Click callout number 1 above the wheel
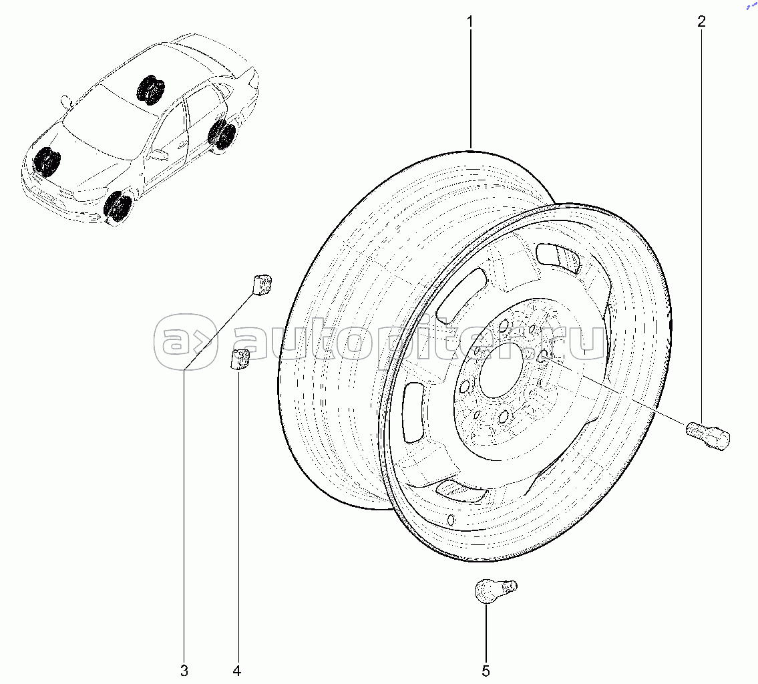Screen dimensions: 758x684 [x=469, y=21]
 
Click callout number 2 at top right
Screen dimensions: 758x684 [x=701, y=21]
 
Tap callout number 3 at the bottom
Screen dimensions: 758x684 [x=184, y=671]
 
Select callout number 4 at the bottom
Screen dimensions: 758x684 [x=237, y=671]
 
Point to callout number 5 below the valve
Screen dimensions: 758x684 [x=486, y=671]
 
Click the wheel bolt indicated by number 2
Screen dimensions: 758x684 [x=708, y=434]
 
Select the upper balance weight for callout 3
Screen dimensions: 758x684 [x=262, y=285]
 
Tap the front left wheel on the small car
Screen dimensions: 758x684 [x=118, y=207]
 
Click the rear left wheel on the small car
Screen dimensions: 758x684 [x=223, y=135]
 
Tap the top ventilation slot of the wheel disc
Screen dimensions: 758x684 [x=559, y=260]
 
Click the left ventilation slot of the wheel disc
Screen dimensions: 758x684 [x=413, y=412]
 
